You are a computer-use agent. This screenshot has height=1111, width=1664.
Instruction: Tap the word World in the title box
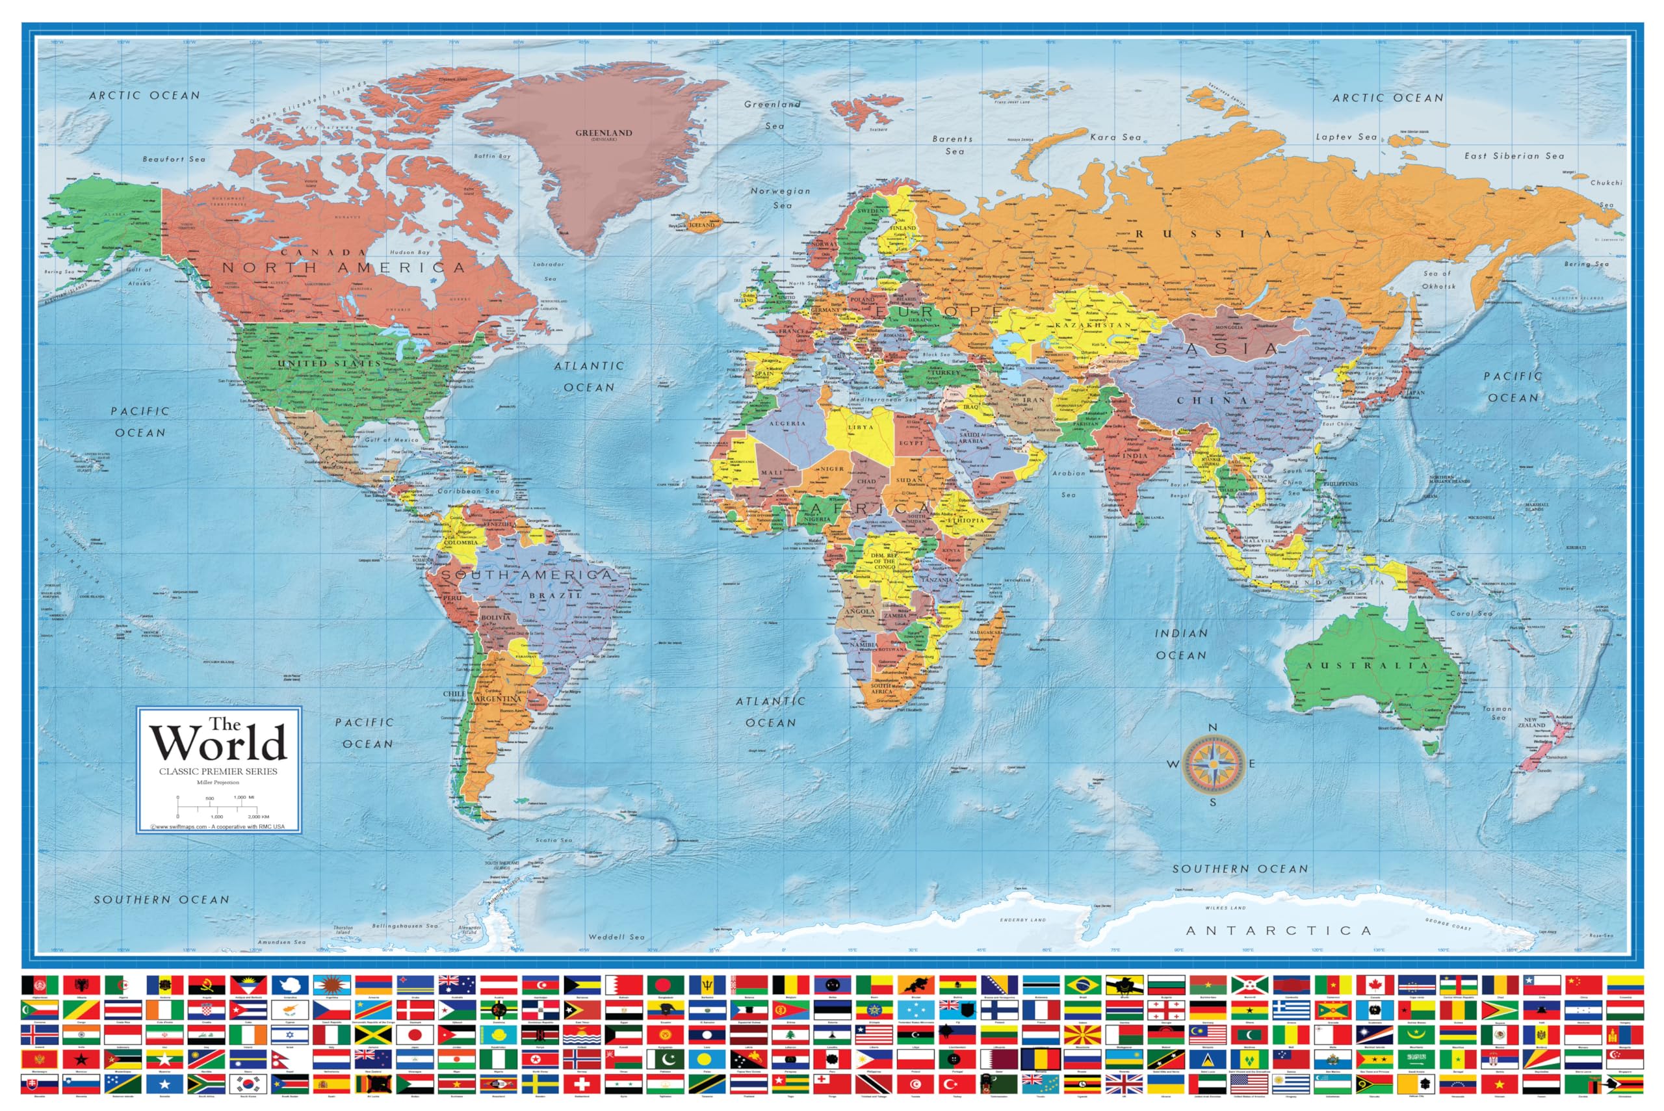click(218, 744)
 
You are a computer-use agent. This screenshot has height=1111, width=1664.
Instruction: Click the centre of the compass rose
click(1213, 765)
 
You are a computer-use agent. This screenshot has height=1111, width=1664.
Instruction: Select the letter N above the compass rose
click(1213, 727)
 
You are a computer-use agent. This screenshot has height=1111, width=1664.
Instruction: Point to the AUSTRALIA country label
click(1366, 665)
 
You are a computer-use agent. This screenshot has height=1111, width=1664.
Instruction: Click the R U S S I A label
click(1204, 233)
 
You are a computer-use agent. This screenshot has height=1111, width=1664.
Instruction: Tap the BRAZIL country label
click(555, 595)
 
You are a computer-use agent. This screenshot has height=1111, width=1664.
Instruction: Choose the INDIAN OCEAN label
click(1181, 644)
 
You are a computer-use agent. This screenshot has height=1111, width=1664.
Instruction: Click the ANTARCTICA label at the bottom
click(1279, 930)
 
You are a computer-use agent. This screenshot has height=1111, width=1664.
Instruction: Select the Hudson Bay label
click(409, 252)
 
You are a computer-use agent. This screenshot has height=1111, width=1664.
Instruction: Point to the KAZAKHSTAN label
click(1093, 324)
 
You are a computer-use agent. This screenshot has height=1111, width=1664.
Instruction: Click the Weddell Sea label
click(616, 937)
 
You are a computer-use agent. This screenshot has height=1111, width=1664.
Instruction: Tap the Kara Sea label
click(1115, 137)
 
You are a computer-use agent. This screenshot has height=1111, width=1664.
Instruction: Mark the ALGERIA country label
click(787, 423)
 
